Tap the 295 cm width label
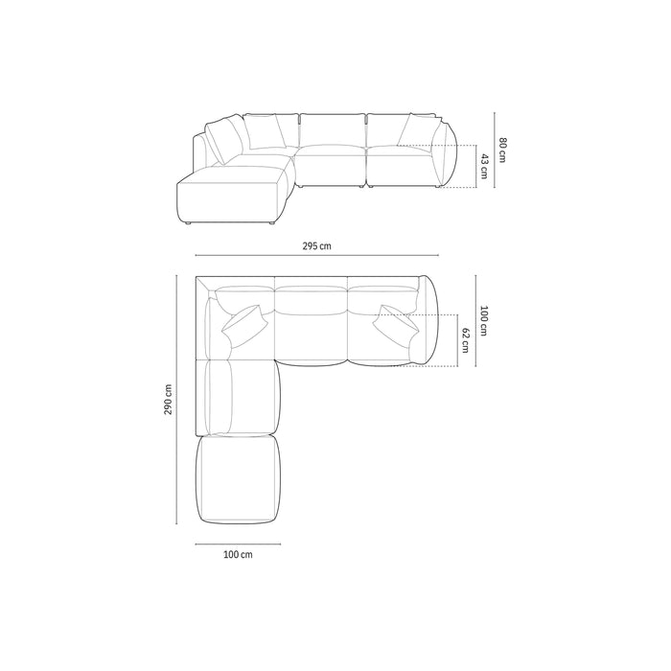point(316,246)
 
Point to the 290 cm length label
point(169,401)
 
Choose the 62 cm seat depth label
point(466,339)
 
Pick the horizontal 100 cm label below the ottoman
point(238,555)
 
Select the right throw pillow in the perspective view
point(416,128)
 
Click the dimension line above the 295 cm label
point(316,256)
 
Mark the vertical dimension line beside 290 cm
point(178,401)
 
